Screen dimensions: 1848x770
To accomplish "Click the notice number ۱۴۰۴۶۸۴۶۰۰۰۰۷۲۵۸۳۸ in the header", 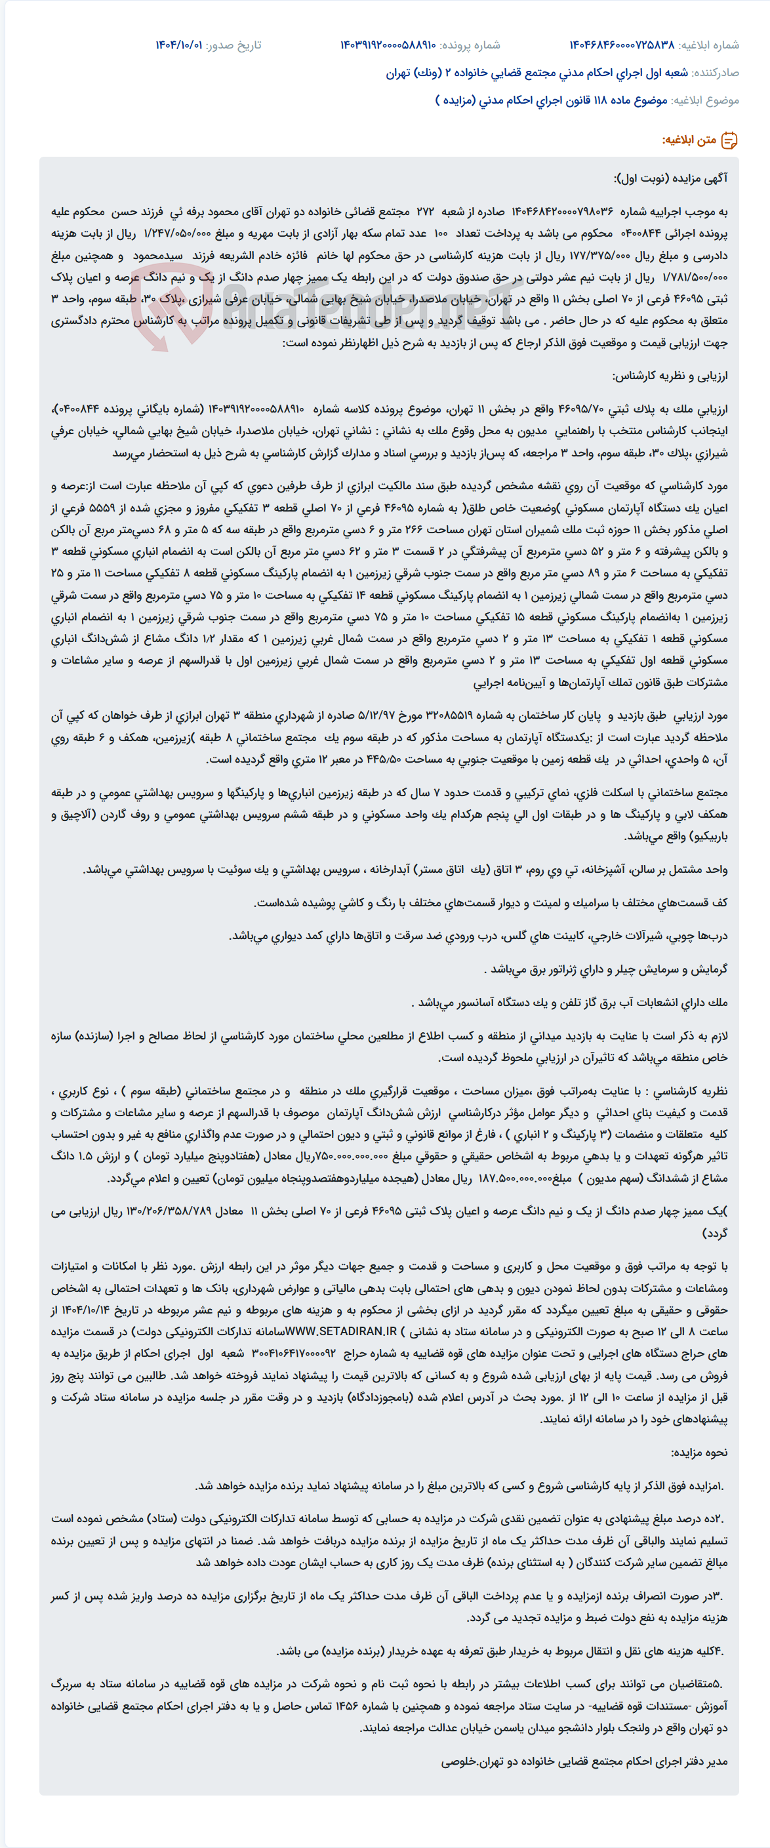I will click(622, 45).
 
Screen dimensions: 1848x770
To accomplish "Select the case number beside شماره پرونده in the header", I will click(388, 45).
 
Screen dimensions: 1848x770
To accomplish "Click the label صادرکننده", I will click(715, 72).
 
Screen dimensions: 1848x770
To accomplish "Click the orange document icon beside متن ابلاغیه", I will click(729, 140).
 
